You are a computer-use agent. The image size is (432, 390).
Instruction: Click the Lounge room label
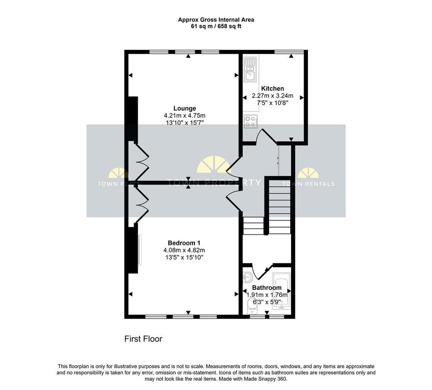[185, 108]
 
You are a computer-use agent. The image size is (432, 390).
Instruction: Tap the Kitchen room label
[273, 89]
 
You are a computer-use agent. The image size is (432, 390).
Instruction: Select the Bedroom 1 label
[184, 243]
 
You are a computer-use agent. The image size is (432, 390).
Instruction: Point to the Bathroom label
[267, 288]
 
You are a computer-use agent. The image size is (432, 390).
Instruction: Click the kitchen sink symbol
[250, 69]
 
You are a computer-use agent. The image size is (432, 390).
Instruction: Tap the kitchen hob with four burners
[251, 121]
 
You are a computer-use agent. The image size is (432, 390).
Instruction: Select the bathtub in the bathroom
[281, 291]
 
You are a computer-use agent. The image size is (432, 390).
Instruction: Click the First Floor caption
[143, 339]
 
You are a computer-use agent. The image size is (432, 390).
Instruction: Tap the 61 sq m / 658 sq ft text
[216, 27]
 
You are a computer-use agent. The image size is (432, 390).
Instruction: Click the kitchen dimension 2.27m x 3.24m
[273, 96]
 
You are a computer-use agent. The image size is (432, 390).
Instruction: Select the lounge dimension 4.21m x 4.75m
[185, 116]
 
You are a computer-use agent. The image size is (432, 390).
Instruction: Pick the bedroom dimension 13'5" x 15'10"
[184, 258]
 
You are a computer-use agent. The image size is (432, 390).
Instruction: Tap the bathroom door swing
[262, 272]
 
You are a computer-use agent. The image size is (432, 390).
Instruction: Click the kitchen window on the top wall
[289, 52]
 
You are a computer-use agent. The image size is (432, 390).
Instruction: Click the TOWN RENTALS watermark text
[308, 184]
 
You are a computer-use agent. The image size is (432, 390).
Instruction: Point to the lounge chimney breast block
[133, 119]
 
